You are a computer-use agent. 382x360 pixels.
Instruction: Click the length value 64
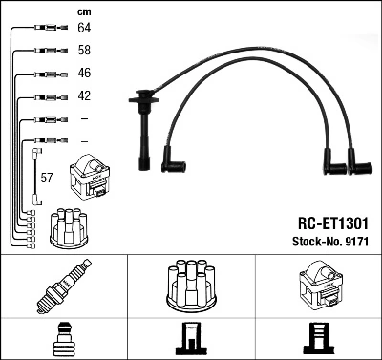click(84, 28)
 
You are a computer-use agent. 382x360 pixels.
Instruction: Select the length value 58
click(84, 51)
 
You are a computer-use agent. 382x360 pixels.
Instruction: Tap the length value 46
click(84, 74)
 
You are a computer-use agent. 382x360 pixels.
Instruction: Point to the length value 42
click(84, 96)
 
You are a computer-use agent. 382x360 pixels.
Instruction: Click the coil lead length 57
click(46, 177)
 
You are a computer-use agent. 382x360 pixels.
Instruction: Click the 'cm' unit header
click(84, 11)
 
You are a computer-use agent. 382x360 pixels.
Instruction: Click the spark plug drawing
click(63, 286)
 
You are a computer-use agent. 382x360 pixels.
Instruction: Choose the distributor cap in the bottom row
click(190, 285)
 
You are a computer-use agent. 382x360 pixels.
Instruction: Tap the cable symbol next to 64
click(43, 29)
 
